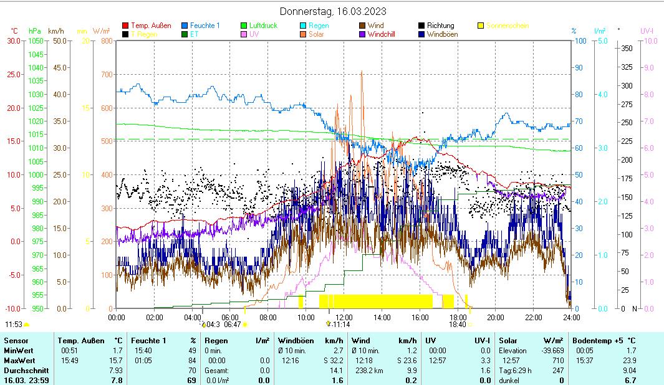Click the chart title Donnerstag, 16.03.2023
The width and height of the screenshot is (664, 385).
332,11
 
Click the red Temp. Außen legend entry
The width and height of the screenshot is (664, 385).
149,26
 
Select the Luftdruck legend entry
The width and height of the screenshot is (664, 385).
262,26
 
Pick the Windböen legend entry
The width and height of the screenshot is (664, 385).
442,34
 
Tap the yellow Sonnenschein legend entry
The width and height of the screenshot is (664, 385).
507,26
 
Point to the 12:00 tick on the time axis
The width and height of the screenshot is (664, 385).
344,317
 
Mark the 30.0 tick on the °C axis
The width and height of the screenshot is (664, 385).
13,41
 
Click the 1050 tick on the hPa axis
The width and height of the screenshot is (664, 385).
35,41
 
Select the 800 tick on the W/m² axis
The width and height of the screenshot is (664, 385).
106,41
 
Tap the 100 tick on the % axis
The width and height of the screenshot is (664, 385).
580,41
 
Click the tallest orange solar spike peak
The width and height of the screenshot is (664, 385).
362,72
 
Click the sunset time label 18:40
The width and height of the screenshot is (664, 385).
457,325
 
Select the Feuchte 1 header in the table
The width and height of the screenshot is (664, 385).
148,341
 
